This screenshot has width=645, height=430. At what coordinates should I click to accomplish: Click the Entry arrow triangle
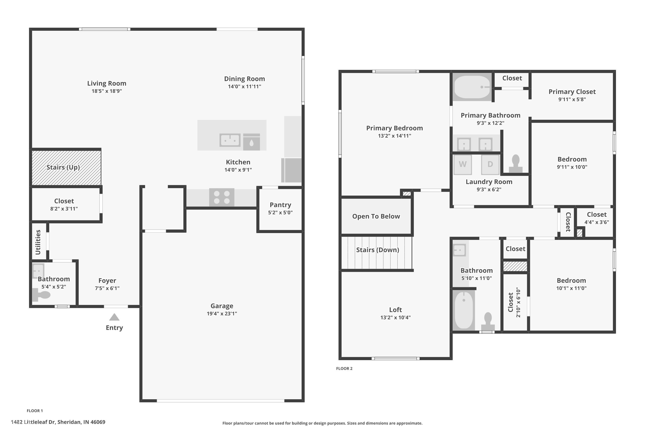click(114, 317)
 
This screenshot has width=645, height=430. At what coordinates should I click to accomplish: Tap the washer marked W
click(463, 164)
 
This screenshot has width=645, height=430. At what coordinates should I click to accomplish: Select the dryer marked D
click(490, 164)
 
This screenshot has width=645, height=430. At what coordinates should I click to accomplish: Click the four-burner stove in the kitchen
click(222, 197)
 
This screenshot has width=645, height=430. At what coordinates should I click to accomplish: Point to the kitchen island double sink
click(230, 140)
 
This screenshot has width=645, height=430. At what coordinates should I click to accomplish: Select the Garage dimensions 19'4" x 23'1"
click(222, 313)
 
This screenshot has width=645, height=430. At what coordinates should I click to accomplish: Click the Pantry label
click(280, 205)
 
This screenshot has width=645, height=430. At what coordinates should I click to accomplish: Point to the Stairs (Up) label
click(63, 167)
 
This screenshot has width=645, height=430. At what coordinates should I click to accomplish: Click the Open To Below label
click(376, 216)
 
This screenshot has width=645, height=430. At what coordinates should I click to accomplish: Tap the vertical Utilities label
click(38, 242)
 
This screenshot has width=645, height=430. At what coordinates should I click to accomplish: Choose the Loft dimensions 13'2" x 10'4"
click(395, 318)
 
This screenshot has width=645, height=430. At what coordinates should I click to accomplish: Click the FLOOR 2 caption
click(344, 369)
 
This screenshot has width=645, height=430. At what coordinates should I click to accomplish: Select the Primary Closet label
click(572, 92)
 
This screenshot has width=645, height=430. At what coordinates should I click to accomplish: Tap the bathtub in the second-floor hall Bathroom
click(464, 310)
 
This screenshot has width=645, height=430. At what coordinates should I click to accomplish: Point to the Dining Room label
click(244, 79)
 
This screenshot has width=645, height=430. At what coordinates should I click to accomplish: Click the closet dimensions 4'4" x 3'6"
click(596, 222)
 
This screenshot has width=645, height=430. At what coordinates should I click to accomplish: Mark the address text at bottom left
click(58, 422)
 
